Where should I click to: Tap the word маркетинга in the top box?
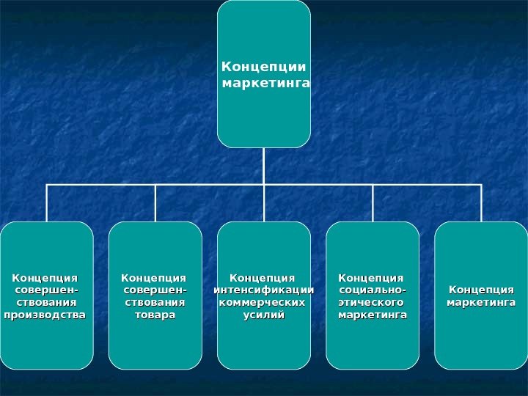point(265,84)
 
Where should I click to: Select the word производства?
point(45,315)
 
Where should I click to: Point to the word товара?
point(155,315)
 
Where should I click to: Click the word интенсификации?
point(263,290)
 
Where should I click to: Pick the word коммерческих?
point(263,302)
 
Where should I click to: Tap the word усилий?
point(263,315)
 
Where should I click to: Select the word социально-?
point(373,290)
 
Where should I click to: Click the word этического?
point(370,302)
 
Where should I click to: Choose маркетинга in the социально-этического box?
point(372,315)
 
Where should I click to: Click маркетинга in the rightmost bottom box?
point(481,302)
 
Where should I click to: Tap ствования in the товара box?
point(155,302)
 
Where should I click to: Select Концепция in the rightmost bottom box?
point(481,290)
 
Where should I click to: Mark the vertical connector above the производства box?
point(47,203)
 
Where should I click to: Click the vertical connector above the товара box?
point(155,203)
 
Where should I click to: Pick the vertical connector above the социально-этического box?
point(373,203)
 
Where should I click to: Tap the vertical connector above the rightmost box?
point(481,203)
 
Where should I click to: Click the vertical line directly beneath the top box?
point(264,166)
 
